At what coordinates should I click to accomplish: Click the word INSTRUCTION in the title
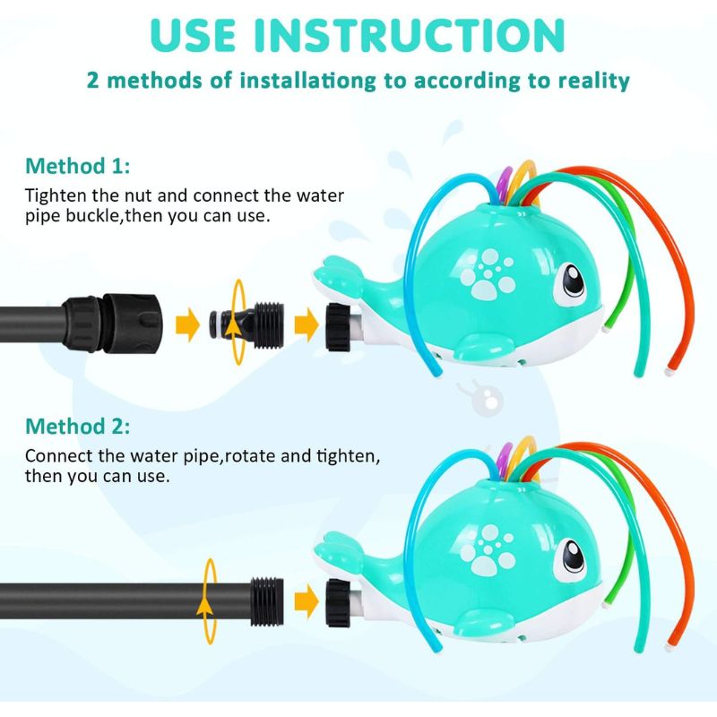click(410, 35)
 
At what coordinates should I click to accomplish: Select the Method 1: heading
click(78, 166)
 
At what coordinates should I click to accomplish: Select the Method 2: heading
click(78, 427)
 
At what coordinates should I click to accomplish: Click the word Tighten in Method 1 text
click(56, 196)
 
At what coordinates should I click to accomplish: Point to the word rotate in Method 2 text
click(250, 456)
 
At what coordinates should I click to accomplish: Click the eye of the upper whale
click(571, 281)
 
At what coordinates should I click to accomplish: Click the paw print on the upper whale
click(488, 273)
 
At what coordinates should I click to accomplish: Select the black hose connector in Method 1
click(113, 324)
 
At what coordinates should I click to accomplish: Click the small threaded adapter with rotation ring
click(247, 324)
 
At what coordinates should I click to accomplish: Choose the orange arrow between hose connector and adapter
click(187, 324)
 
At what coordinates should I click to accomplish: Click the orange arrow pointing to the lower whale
click(307, 600)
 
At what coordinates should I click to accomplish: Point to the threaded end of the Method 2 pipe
click(267, 600)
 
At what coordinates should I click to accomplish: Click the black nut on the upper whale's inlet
click(338, 327)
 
